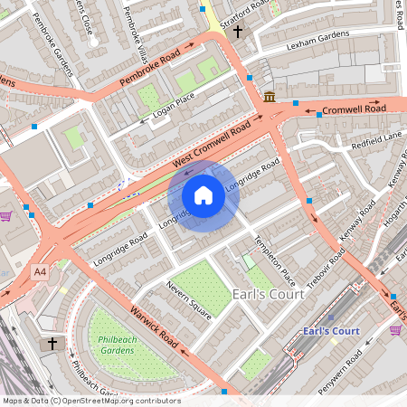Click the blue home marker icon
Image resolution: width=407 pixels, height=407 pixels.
tap(203, 195)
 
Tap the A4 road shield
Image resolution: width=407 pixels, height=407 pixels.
tap(40, 271)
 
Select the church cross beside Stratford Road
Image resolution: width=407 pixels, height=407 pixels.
tap(238, 32)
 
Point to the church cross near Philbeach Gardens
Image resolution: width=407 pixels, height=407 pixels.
tap(52, 345)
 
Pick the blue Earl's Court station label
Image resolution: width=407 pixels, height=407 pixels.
tap(332, 331)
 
